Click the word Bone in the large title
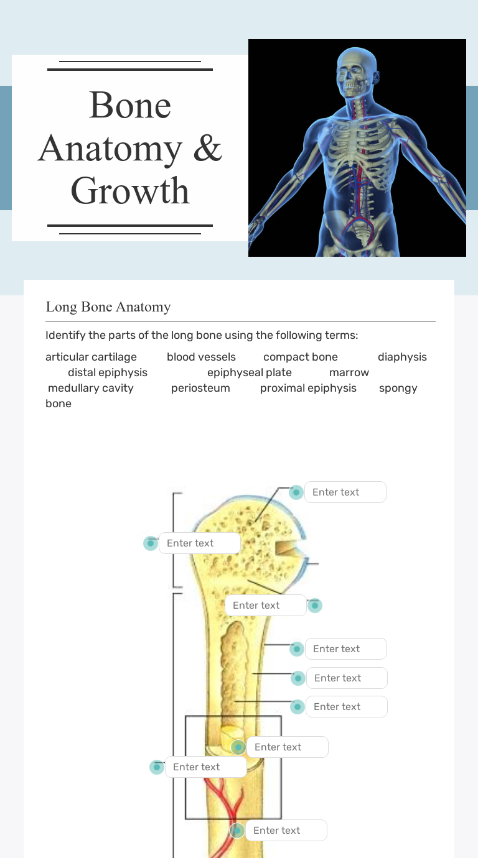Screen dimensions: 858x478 (130, 105)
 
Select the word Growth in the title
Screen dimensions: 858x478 (130, 190)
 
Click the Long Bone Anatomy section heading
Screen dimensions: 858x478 (108, 307)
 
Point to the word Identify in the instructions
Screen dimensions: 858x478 (65, 336)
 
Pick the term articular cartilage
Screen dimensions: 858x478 (91, 357)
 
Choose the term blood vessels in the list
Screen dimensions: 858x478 (201, 357)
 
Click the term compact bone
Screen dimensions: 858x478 (301, 357)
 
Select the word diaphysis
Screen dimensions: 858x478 (402, 357)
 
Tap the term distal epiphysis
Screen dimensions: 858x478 (108, 372)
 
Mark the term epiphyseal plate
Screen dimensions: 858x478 (250, 372)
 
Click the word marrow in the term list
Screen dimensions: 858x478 (349, 372)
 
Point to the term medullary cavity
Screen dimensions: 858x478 (91, 388)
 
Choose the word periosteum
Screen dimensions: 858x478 (200, 388)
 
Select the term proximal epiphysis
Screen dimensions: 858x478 (308, 388)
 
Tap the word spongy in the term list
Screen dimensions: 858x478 (398, 388)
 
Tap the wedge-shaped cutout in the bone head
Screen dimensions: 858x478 (286, 549)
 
